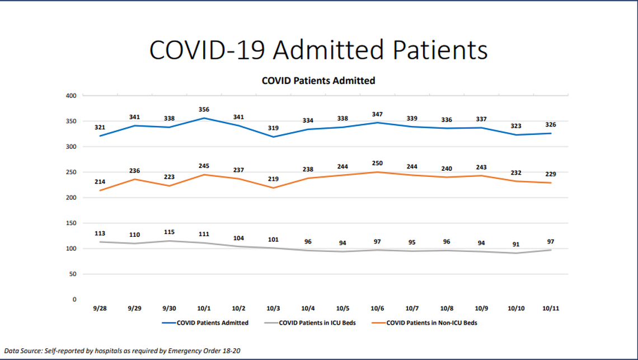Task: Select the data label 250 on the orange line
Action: pyautogui.click(x=377, y=162)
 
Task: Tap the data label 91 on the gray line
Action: pyautogui.click(x=515, y=244)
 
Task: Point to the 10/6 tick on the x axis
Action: pyautogui.click(x=377, y=308)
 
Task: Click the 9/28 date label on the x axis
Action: pyautogui.click(x=100, y=308)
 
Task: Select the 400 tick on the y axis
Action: pyautogui.click(x=71, y=96)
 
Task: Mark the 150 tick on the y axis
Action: pyautogui.click(x=71, y=223)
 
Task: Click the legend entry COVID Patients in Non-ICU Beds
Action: pyautogui.click(x=431, y=322)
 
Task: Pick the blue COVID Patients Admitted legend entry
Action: pyautogui.click(x=212, y=322)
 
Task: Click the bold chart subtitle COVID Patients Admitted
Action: pyautogui.click(x=318, y=81)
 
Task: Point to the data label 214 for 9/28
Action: pyautogui.click(x=100, y=182)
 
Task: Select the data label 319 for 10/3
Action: pyautogui.click(x=273, y=128)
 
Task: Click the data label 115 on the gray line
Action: pyautogui.click(x=169, y=232)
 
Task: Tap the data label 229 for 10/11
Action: pyautogui.click(x=550, y=174)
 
